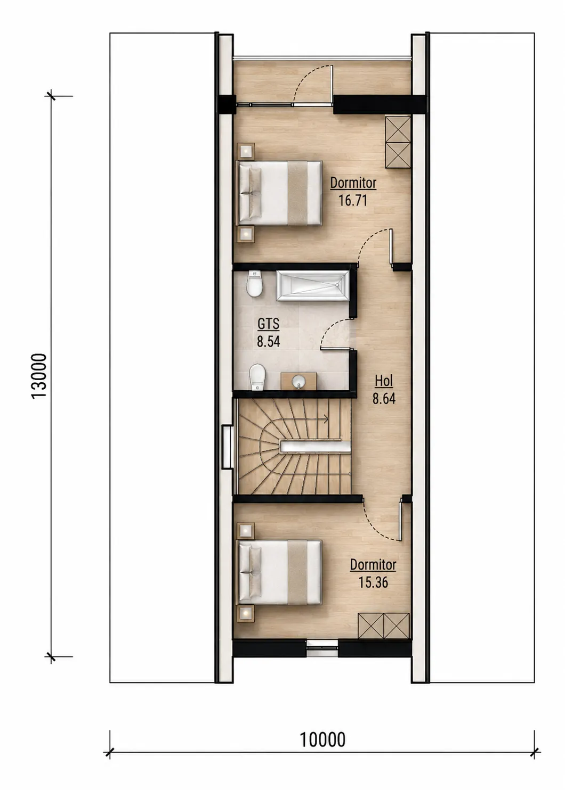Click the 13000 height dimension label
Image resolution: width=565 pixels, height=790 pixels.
pyautogui.click(x=39, y=376)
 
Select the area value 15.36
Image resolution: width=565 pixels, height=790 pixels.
pyautogui.click(x=373, y=582)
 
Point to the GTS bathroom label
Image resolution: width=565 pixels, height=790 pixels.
pyautogui.click(x=269, y=324)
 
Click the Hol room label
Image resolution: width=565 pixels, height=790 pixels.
pyautogui.click(x=383, y=381)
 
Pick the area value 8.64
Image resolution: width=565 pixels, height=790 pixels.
pyautogui.click(x=383, y=399)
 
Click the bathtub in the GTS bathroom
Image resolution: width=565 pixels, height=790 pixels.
pyautogui.click(x=312, y=286)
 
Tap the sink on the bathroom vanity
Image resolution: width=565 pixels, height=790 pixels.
pyautogui.click(x=298, y=382)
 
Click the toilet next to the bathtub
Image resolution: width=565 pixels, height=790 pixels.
pyautogui.click(x=255, y=284)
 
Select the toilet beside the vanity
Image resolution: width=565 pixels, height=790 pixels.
pyautogui.click(x=257, y=377)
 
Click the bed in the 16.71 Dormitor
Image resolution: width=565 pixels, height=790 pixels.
pyautogui.click(x=279, y=193)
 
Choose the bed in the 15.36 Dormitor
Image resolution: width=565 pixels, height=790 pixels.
pyautogui.click(x=279, y=572)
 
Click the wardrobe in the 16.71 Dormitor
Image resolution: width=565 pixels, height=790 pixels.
pyautogui.click(x=398, y=143)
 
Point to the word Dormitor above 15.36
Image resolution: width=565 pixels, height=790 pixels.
pyautogui.click(x=373, y=565)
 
